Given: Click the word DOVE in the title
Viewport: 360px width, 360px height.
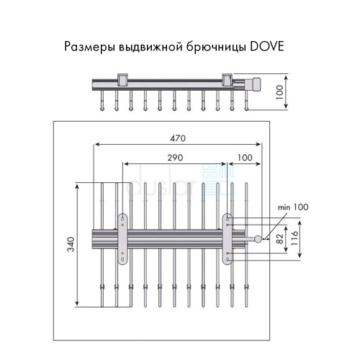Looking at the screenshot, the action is (x=267, y=46).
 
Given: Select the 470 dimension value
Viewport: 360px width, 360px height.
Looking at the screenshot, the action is (x=178, y=138).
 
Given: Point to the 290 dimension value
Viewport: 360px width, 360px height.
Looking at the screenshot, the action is (x=175, y=158).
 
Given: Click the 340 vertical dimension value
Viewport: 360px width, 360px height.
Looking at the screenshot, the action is (x=71, y=244).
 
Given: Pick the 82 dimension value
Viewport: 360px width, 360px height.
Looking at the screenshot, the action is (x=280, y=238).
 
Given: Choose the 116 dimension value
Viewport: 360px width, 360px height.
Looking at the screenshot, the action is (x=294, y=238).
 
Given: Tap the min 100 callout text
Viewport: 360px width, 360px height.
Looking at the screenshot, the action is (x=293, y=207).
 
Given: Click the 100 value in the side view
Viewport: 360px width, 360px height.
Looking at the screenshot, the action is (x=279, y=92).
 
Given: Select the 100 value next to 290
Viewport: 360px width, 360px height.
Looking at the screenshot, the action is (x=245, y=158).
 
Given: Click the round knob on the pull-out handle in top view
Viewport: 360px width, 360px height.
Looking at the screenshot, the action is (x=258, y=238).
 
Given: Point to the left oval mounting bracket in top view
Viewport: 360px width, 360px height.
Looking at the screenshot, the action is (x=122, y=239).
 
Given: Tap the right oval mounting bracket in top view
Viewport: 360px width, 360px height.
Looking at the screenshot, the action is (x=228, y=239).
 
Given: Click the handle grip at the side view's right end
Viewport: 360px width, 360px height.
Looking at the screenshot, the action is (x=256, y=84).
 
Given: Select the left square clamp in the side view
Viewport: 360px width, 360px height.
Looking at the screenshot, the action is (x=122, y=80).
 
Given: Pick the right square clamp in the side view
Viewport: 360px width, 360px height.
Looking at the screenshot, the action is (x=228, y=80).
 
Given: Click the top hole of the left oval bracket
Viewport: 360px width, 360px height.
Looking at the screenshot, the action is (x=122, y=219).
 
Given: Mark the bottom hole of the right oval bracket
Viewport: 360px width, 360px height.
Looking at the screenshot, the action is (x=228, y=259).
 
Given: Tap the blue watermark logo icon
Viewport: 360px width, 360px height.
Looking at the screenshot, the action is (x=217, y=180).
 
